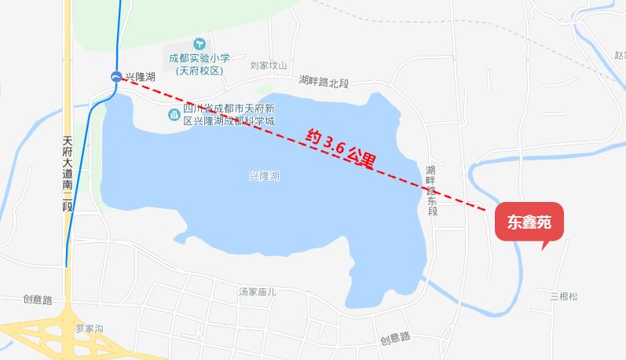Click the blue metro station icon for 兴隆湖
click(116, 76)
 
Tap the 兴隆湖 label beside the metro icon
click(139, 76)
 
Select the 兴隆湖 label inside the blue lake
click(264, 176)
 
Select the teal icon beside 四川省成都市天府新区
click(174, 116)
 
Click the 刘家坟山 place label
click(269, 67)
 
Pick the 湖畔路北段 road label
click(324, 81)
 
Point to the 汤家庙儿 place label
click(258, 292)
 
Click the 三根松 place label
click(564, 296)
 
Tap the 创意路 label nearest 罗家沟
click(37, 299)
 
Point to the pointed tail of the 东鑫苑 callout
click(544, 247)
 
